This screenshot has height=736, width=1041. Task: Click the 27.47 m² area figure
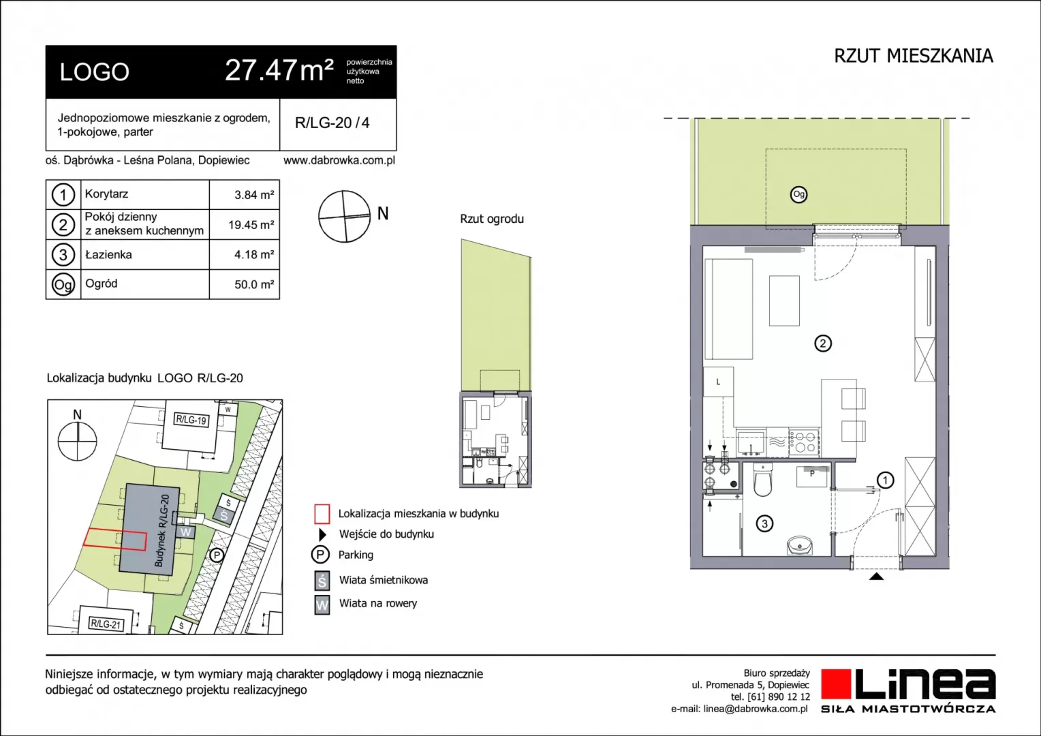(x=279, y=71)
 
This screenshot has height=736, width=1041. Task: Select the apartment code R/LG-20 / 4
(x=332, y=123)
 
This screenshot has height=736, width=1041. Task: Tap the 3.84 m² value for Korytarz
(x=253, y=195)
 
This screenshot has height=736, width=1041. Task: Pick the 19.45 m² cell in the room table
(x=251, y=225)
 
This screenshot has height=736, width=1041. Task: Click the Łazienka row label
(x=108, y=255)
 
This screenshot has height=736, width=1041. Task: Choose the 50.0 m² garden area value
(x=253, y=284)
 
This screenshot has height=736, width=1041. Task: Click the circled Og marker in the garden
(x=798, y=194)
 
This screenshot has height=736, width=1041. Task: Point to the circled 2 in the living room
(x=823, y=343)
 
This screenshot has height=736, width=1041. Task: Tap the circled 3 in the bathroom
(x=764, y=524)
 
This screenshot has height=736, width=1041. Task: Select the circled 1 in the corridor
(x=885, y=480)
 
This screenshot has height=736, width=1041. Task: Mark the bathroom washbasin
(x=800, y=545)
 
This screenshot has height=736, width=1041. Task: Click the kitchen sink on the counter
(x=751, y=443)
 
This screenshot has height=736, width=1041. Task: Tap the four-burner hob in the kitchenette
(x=804, y=443)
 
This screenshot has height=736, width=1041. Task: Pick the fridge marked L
(x=719, y=382)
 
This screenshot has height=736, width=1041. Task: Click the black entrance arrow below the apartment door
(x=877, y=577)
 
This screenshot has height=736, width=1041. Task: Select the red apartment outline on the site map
(x=114, y=539)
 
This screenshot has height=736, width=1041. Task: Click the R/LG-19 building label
(x=191, y=420)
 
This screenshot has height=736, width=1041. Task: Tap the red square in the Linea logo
(x=836, y=684)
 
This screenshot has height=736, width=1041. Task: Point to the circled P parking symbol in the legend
(x=320, y=555)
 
